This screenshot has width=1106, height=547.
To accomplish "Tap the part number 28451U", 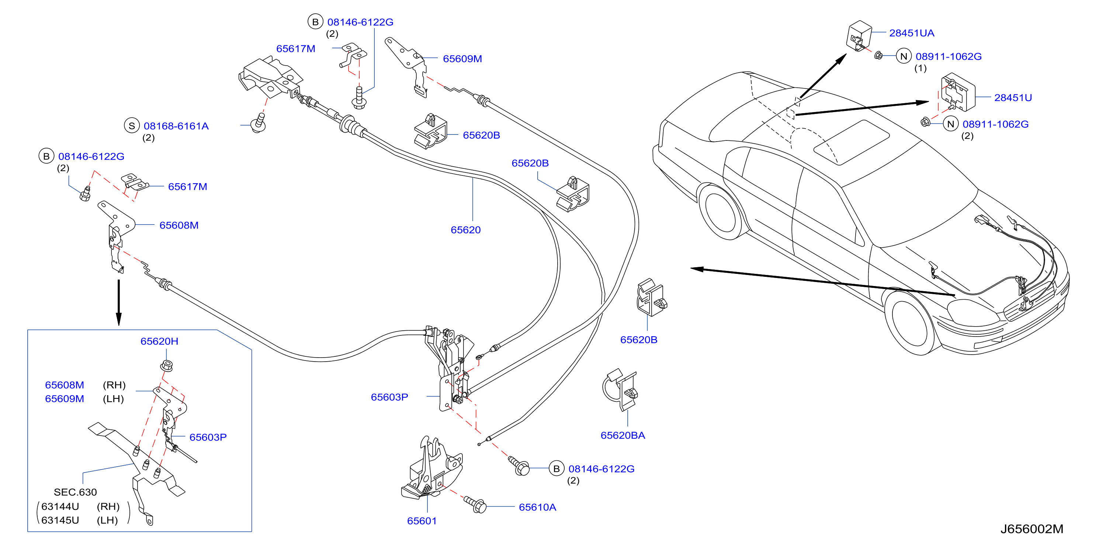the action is coord(1012,98).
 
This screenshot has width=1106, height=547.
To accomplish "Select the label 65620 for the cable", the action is coord(465,230).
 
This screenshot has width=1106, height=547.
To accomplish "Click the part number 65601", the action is coord(422,521).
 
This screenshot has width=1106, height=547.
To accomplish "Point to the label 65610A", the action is coord(537,507).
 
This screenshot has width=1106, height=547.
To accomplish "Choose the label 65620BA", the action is coord(623,435).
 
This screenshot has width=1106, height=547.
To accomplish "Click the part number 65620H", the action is coord(159,341).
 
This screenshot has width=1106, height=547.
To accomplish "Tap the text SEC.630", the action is coord(75,492).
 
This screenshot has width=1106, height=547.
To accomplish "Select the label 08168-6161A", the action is coord(176,126).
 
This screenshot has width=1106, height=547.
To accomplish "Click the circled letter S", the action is coord(132,126).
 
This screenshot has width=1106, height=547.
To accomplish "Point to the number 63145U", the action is coord(60,520).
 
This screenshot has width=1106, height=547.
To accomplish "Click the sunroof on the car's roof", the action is coord(852,142).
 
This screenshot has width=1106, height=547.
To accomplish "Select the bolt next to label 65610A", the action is coord(475,505).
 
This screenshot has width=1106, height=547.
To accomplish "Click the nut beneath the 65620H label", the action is coord(167,366).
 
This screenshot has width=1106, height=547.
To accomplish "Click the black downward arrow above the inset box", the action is coord(119,303).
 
